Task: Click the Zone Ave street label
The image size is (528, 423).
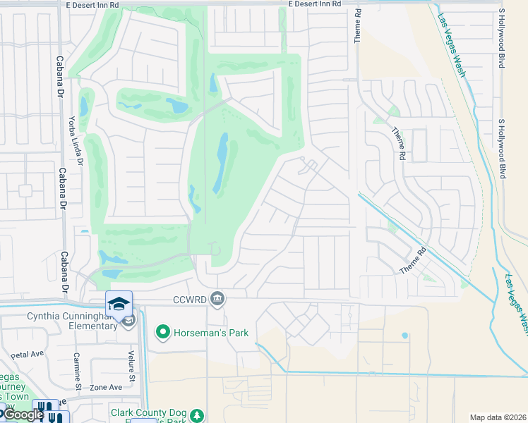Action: click(x=106, y=387)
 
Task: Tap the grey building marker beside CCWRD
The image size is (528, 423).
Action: click(x=218, y=299)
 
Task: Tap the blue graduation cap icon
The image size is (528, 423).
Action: click(x=119, y=304)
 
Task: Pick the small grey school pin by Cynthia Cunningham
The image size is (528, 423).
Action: click(x=128, y=321)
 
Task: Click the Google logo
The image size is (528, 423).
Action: click(x=23, y=415)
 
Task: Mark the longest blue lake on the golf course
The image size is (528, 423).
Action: click(x=222, y=164)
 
